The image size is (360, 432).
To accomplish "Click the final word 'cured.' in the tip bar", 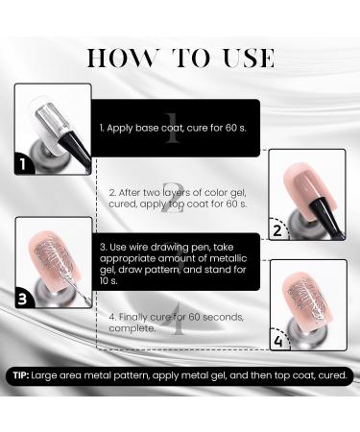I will point(329,376).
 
